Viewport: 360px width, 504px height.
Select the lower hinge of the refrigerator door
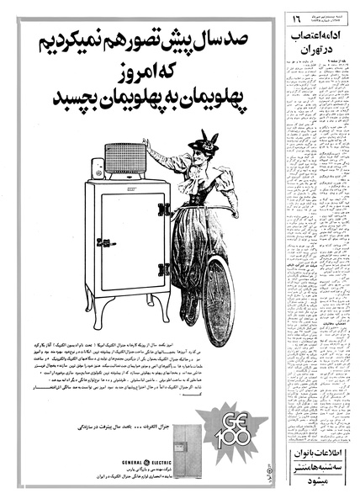click(x=165, y=270)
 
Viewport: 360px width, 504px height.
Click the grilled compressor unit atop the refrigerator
click(x=124, y=158)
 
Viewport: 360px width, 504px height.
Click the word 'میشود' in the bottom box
click(x=316, y=488)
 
